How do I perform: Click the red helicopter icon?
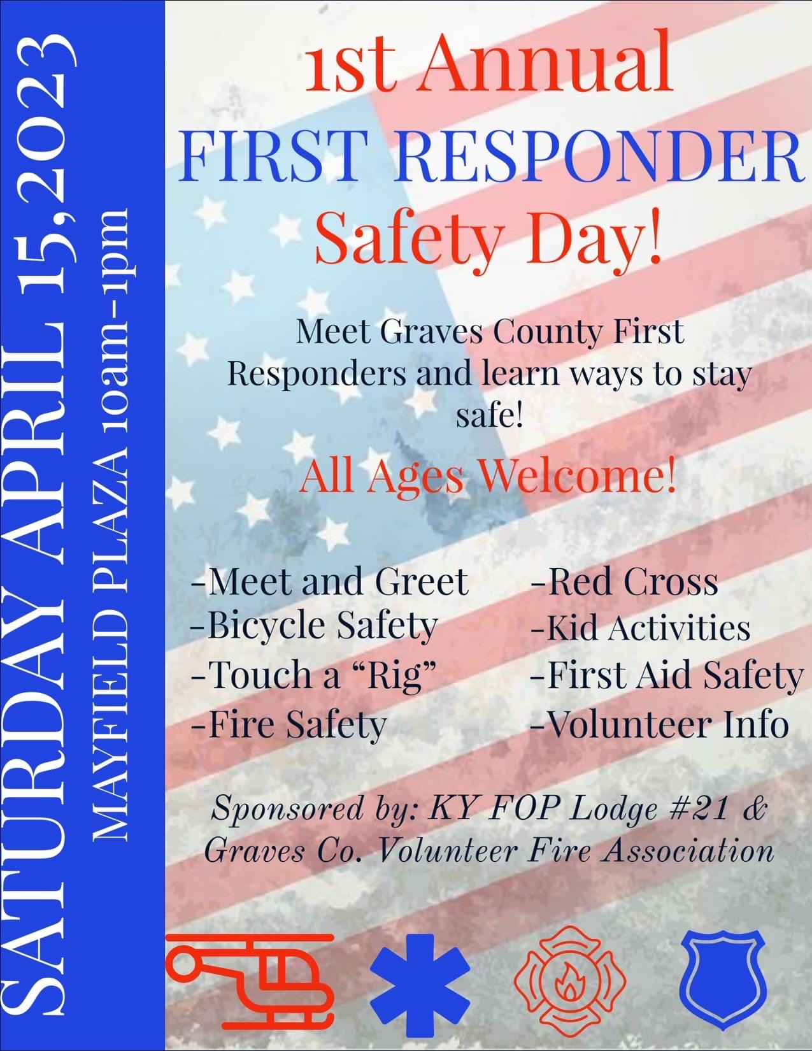(x=251, y=979)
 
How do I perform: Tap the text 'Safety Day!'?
(x=489, y=236)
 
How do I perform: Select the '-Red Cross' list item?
(x=625, y=581)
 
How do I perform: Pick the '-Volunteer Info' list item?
(x=660, y=724)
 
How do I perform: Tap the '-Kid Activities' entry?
(x=640, y=627)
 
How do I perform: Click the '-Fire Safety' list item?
(x=289, y=724)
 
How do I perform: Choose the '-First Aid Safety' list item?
(x=667, y=675)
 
